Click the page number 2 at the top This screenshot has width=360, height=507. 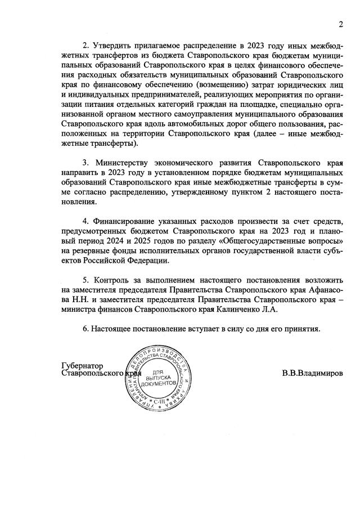340,24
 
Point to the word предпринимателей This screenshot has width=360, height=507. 164,97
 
